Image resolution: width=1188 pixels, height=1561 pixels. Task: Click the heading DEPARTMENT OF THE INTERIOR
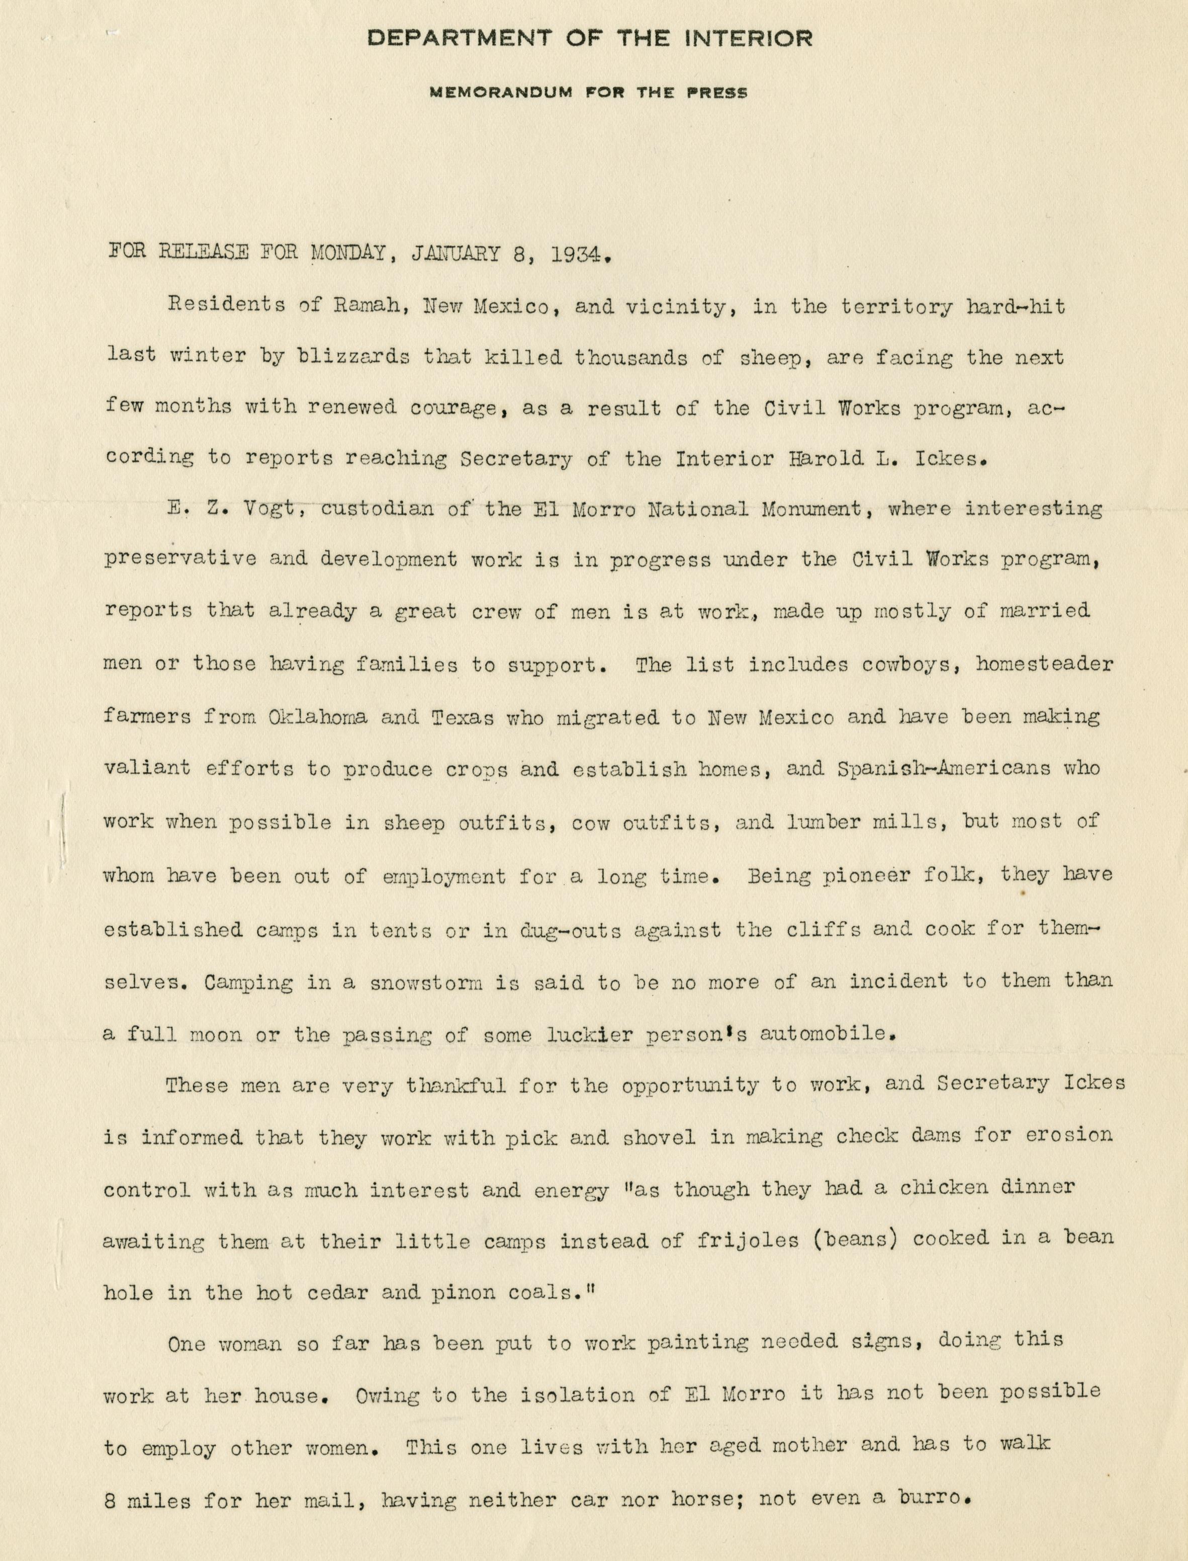(x=589, y=39)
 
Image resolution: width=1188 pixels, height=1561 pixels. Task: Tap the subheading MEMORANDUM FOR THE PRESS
(x=589, y=93)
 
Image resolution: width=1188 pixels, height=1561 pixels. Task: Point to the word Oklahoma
(x=318, y=717)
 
